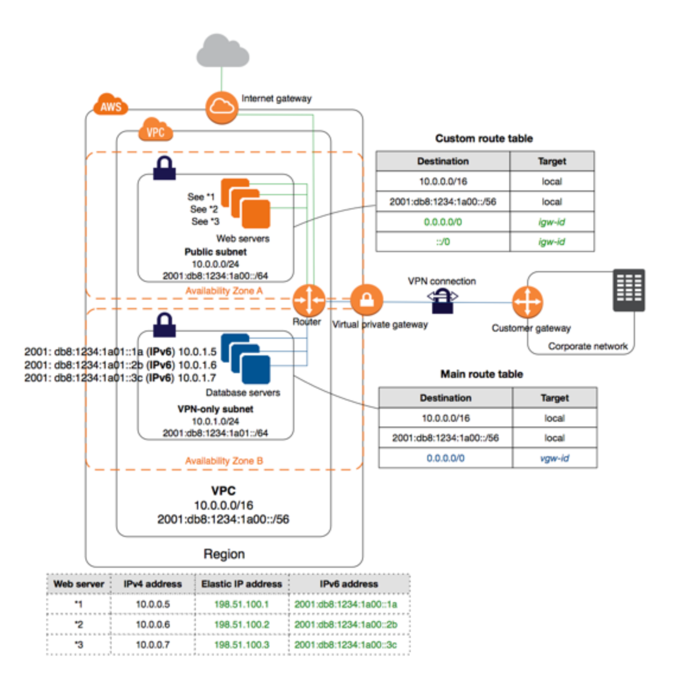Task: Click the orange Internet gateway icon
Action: click(221, 107)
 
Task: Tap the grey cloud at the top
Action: click(223, 51)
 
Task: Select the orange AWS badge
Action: click(111, 106)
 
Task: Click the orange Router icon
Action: click(309, 300)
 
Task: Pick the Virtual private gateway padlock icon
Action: click(366, 300)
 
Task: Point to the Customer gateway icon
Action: click(527, 303)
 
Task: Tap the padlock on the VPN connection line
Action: click(442, 300)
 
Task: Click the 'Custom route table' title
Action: click(484, 138)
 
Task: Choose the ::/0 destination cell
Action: click(443, 242)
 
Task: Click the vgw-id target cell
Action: click(554, 458)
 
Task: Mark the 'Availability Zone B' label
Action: click(224, 461)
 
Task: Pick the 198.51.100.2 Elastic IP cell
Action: click(242, 624)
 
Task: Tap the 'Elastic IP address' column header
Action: click(242, 584)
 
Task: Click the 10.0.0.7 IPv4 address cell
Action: click(153, 644)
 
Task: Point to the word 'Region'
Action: click(224, 554)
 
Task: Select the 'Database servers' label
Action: click(243, 393)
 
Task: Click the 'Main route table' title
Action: click(481, 374)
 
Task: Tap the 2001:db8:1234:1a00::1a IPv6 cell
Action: click(346, 604)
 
